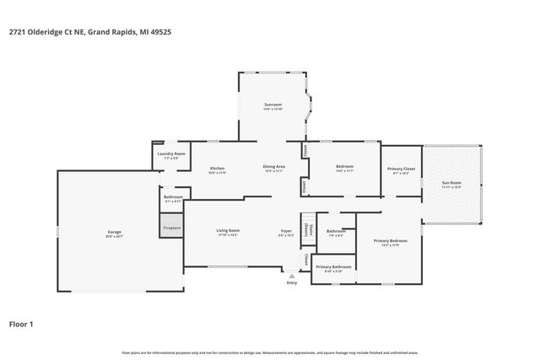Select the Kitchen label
coord(217,169)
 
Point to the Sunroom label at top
coord(273,105)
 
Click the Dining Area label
coord(273,169)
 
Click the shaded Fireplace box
coord(171,228)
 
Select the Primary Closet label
coord(401,169)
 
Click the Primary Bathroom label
coord(333,268)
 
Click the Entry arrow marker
coord(291,277)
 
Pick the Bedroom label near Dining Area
coord(344,166)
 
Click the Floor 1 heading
coord(22,323)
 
